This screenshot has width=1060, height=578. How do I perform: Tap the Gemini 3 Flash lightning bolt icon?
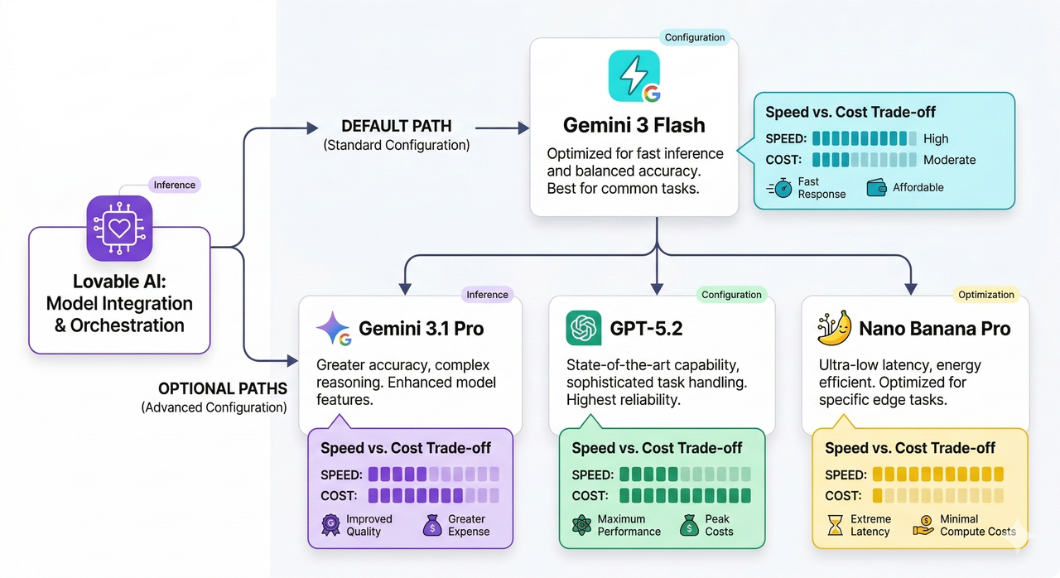(x=634, y=76)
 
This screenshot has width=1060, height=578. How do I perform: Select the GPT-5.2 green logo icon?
(x=583, y=328)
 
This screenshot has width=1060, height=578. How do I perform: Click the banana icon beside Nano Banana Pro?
(x=834, y=328)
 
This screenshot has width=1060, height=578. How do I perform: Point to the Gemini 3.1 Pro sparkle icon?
(x=333, y=328)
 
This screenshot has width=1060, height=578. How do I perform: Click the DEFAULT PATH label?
(x=397, y=126)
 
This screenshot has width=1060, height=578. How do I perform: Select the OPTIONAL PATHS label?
(x=223, y=388)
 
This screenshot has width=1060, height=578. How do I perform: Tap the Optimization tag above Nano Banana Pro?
(x=985, y=295)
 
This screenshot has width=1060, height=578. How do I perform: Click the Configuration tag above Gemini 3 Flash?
(x=695, y=37)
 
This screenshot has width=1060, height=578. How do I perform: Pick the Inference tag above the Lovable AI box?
(x=175, y=185)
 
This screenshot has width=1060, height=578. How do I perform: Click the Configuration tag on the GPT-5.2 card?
(x=731, y=295)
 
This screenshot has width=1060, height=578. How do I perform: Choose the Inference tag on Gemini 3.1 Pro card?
(x=487, y=295)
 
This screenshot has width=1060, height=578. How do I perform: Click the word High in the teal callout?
(x=936, y=139)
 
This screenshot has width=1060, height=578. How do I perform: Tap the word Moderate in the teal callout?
(x=950, y=160)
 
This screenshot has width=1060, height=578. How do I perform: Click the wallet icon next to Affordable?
(x=877, y=188)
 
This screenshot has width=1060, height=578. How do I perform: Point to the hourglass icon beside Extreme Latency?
(x=835, y=525)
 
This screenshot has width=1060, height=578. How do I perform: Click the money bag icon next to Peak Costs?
(x=689, y=525)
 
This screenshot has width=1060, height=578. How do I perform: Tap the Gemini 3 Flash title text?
(x=634, y=125)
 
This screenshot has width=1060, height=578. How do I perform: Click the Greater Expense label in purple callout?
(x=469, y=525)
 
